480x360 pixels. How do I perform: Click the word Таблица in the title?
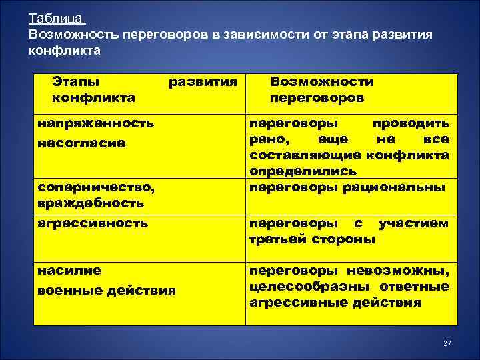click(x=56, y=19)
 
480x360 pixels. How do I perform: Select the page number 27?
click(x=447, y=343)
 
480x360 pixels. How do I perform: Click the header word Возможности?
click(x=322, y=82)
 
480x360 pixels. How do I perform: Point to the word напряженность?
click(x=95, y=123)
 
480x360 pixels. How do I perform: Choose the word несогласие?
click(x=81, y=143)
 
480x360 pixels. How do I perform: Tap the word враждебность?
click(x=91, y=202)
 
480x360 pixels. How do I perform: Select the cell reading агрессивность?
click(x=93, y=223)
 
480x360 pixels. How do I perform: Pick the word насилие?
click(x=69, y=271)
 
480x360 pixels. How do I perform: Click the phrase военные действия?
click(x=107, y=290)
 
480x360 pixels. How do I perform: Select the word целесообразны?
click(x=311, y=287)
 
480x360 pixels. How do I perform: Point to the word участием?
click(x=413, y=223)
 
